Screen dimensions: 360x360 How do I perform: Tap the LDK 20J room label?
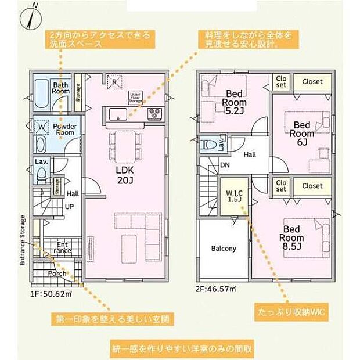click(125, 174)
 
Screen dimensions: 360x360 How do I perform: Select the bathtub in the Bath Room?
click(43, 94)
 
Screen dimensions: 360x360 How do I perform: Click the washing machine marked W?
click(41, 125)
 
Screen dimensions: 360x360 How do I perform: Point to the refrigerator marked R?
click(115, 82)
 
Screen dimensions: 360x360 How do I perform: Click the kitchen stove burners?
click(154, 112)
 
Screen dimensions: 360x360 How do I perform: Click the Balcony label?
click(224, 249)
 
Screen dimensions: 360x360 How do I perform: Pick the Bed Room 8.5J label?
click(291, 233)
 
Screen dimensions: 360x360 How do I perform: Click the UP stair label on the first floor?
click(69, 206)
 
